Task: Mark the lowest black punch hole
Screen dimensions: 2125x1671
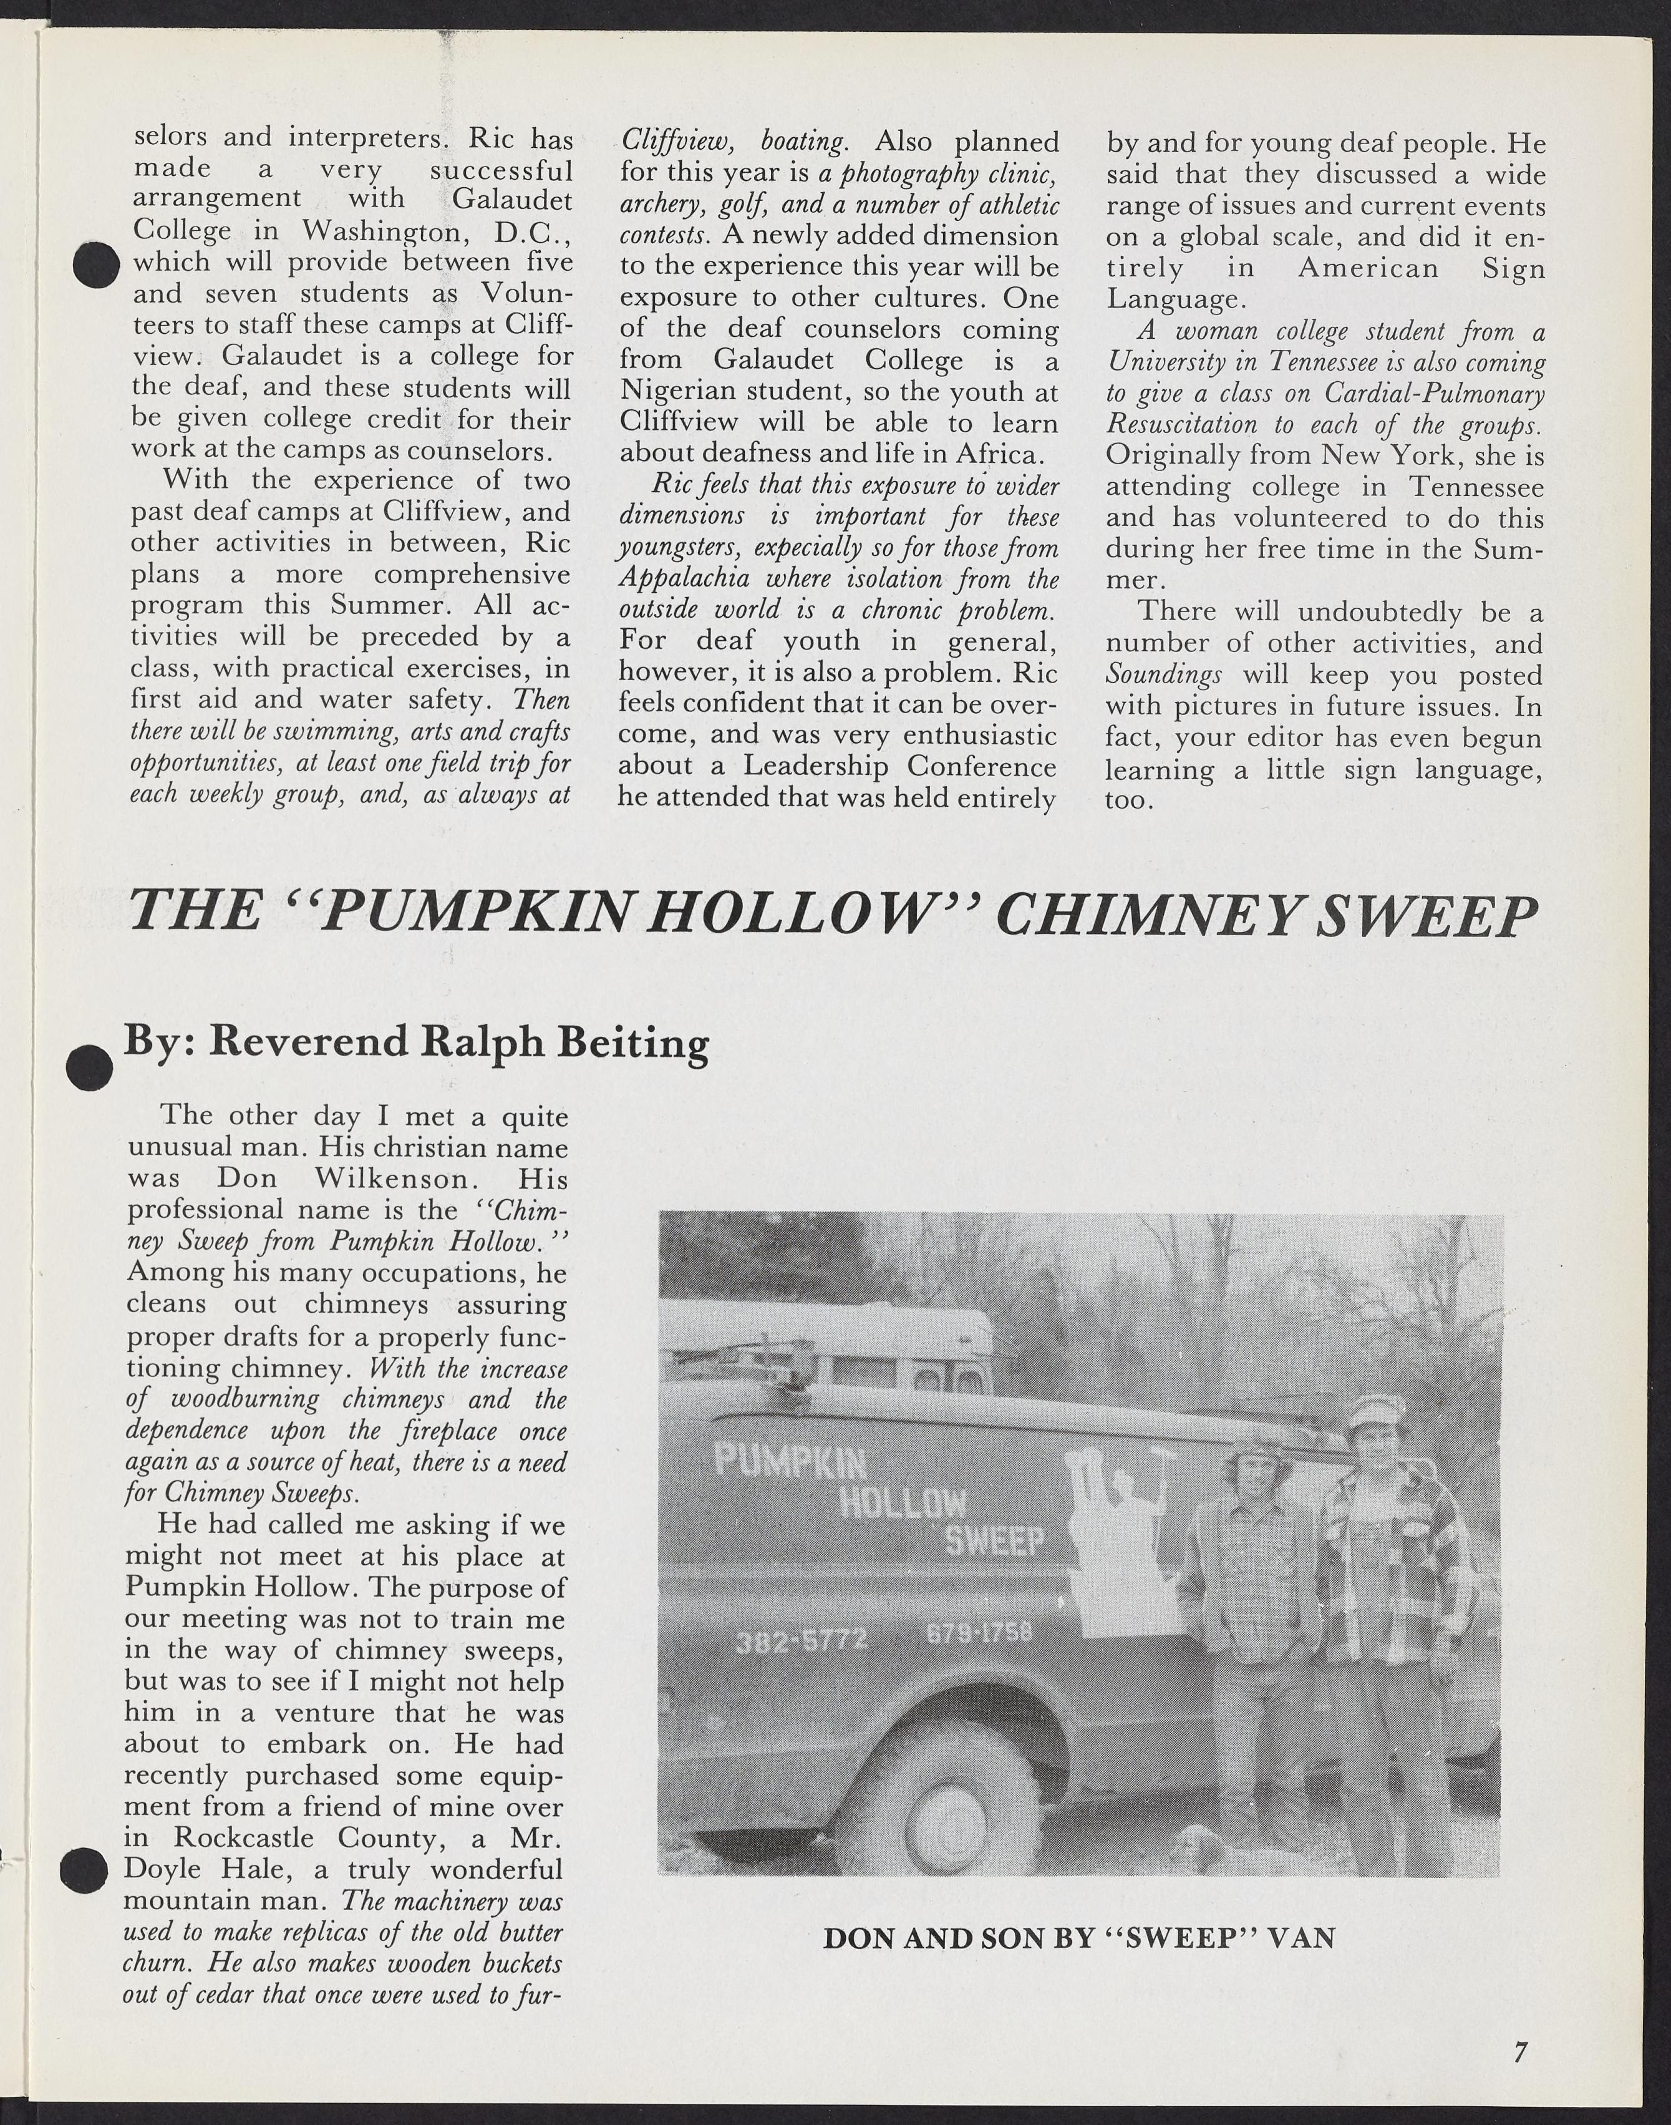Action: coord(83,1870)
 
